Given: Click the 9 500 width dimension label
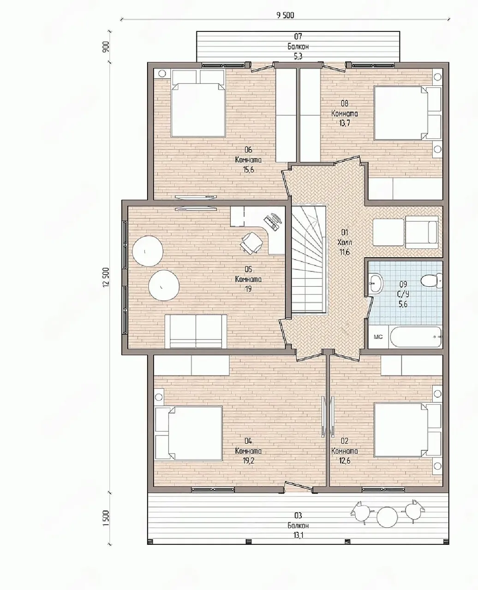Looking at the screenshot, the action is point(285,15).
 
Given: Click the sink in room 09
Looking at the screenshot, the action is point(376,283).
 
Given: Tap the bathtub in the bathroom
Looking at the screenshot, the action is point(416,337).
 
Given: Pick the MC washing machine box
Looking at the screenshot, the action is point(378,337).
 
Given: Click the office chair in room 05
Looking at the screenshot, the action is point(251,242).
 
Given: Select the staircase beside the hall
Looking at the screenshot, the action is point(309,259).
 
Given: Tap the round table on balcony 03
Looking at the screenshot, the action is point(387,516).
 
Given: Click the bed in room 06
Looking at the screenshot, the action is point(198,103).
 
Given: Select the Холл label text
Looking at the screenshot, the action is point(345,242).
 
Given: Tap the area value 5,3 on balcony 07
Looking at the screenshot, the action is point(298,57).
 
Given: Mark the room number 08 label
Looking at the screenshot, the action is point(344,103).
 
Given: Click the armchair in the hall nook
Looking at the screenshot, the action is point(422,232).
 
